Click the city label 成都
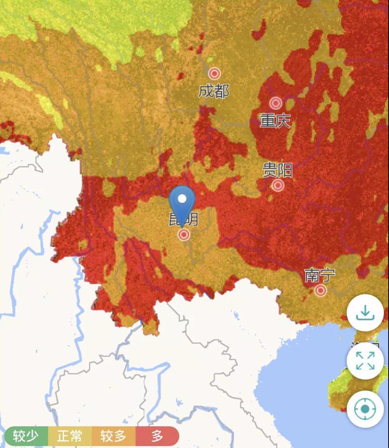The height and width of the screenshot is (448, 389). pyautogui.click(x=213, y=91)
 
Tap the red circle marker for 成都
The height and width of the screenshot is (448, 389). pyautogui.click(x=214, y=73)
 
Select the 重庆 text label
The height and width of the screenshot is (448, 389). pyautogui.click(x=275, y=121)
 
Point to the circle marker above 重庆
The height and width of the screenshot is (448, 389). pyautogui.click(x=276, y=103)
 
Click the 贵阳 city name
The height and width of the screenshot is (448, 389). pyautogui.click(x=278, y=170)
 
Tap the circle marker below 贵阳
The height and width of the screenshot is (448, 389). pyautogui.click(x=278, y=185)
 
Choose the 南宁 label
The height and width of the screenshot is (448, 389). pyautogui.click(x=320, y=275)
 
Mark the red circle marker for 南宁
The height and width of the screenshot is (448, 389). pyautogui.click(x=320, y=291)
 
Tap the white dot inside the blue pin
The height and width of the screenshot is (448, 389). pyautogui.click(x=182, y=199)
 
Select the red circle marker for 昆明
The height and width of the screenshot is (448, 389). pyautogui.click(x=184, y=235)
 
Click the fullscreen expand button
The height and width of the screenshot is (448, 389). pyautogui.click(x=365, y=361)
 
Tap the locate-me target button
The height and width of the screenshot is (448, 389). pyautogui.click(x=365, y=409)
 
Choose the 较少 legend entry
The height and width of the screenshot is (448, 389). pyautogui.click(x=25, y=436)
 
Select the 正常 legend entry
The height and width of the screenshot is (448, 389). pyautogui.click(x=70, y=436)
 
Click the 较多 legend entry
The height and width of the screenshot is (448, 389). pyautogui.click(x=113, y=436)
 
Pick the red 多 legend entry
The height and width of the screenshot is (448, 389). pyautogui.click(x=157, y=436)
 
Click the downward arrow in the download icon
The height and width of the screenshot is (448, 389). pyautogui.click(x=365, y=311)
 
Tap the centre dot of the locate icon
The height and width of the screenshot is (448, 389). pyautogui.click(x=365, y=409)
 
